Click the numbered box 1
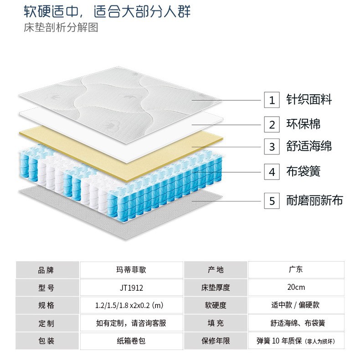pos(272,100)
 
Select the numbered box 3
pos(272,147)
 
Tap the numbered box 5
pos(272,201)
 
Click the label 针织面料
pos(309,99)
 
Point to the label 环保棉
pos(303,123)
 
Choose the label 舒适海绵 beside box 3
pos(309,147)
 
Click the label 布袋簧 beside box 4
pos(303,171)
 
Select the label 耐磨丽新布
pos(314,200)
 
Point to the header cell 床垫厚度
pos(216,288)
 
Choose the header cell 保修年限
pos(216,340)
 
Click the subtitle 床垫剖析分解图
pos(61,27)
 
